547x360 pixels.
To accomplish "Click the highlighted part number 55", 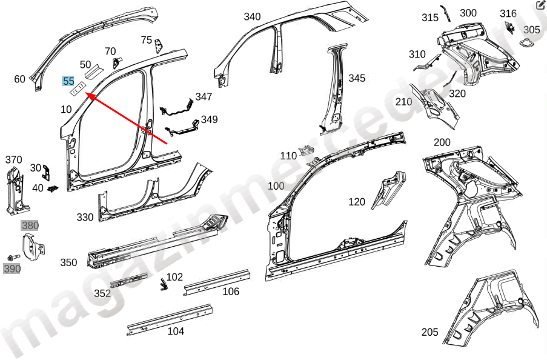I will pyautogui.click(x=68, y=81).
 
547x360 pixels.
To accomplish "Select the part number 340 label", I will pyautogui.click(x=252, y=16).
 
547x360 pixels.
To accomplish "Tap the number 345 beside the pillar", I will pyautogui.click(x=357, y=78).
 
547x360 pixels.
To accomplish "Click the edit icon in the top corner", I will pyautogui.click(x=540, y=6).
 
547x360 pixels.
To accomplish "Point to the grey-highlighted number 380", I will pyautogui.click(x=30, y=226).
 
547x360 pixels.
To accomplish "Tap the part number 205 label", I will pyautogui.click(x=430, y=332).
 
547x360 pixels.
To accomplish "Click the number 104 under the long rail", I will pyautogui.click(x=176, y=331).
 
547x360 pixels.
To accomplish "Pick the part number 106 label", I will pyautogui.click(x=231, y=292).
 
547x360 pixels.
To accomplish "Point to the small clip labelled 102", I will pyautogui.click(x=162, y=284).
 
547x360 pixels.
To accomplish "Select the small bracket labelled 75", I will pyautogui.click(x=159, y=45).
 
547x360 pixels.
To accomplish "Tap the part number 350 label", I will pyautogui.click(x=68, y=262).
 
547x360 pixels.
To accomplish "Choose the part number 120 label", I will pyautogui.click(x=357, y=202).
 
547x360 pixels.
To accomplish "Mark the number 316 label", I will pyautogui.click(x=508, y=13).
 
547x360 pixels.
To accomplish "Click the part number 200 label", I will pyautogui.click(x=442, y=142).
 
